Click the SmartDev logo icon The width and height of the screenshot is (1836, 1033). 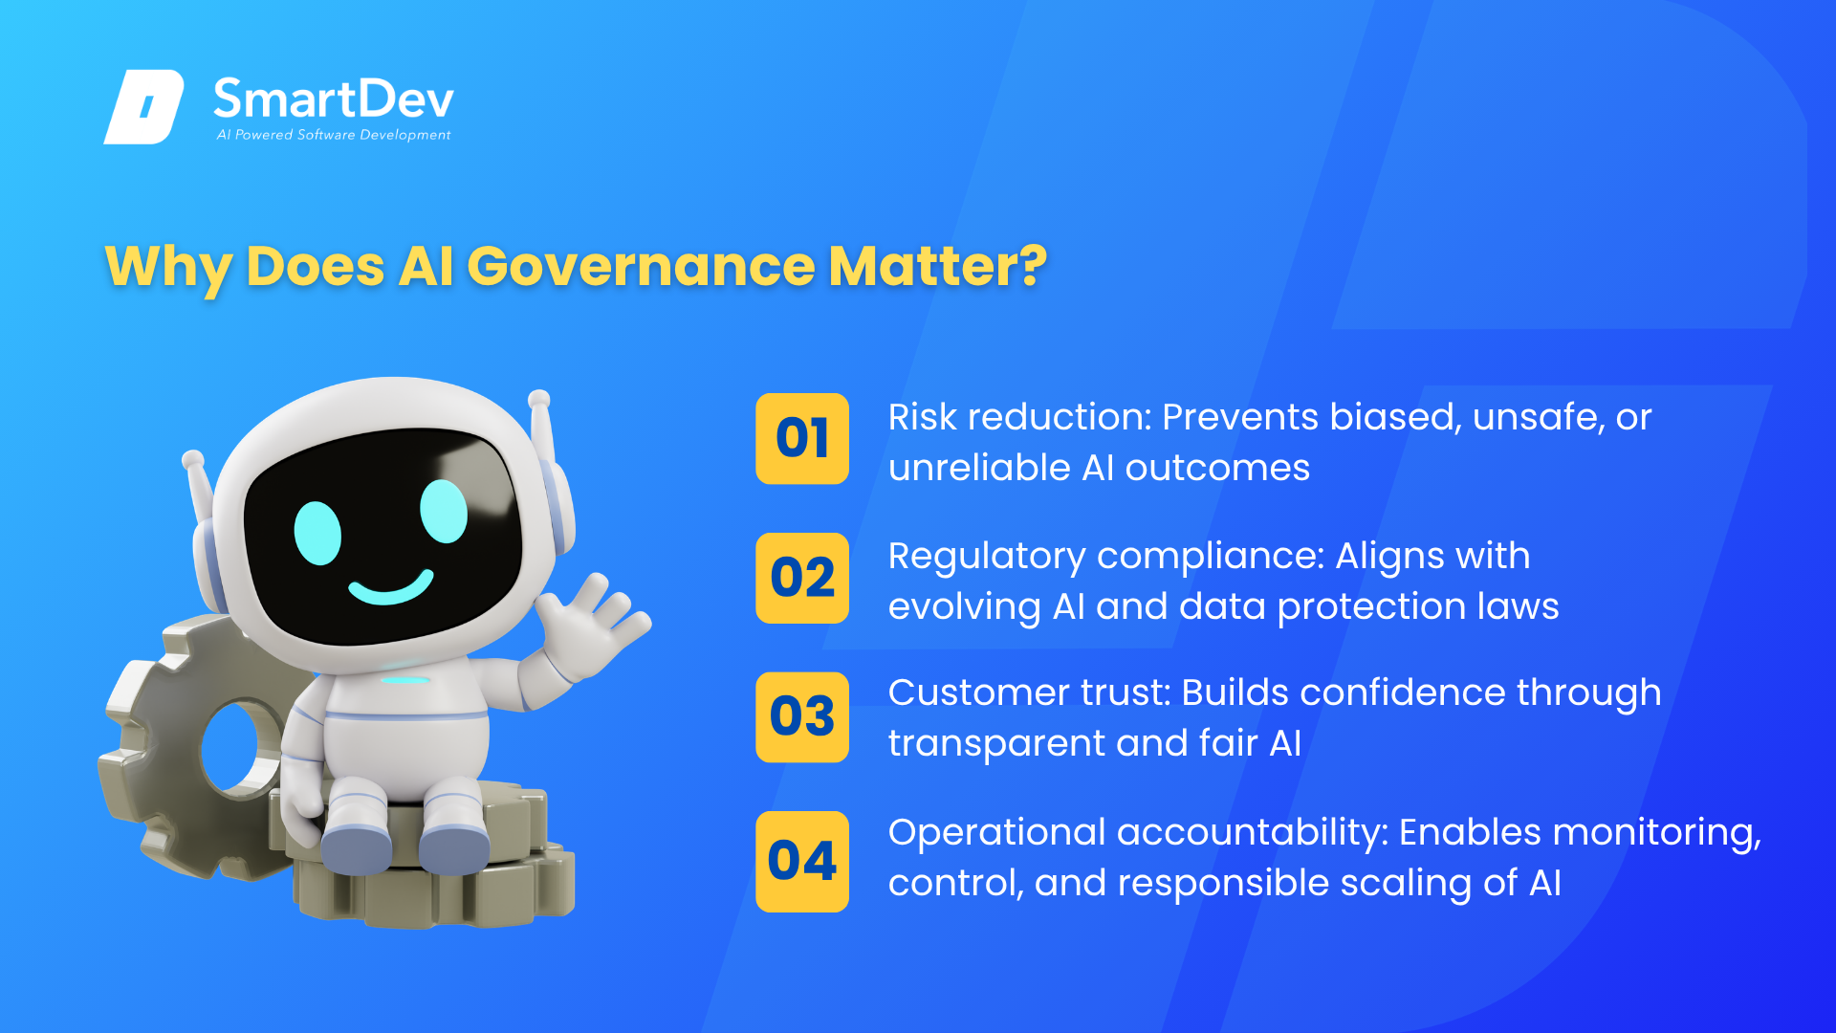pyautogui.click(x=143, y=106)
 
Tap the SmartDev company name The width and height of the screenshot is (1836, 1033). pyautogui.click(x=334, y=99)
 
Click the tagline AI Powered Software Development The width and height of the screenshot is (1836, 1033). pyautogui.click(x=334, y=135)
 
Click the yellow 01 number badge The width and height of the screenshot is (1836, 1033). pyautogui.click(x=802, y=439)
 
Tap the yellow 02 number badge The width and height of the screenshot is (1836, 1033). pyautogui.click(x=802, y=578)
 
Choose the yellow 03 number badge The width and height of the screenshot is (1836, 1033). pyautogui.click(x=802, y=717)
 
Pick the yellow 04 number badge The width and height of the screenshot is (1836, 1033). pyautogui.click(x=802, y=861)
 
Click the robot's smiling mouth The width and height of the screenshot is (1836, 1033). pyautogui.click(x=390, y=587)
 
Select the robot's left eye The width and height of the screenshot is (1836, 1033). pyautogui.click(x=317, y=533)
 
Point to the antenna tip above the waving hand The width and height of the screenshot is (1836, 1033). pyautogui.click(x=539, y=399)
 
